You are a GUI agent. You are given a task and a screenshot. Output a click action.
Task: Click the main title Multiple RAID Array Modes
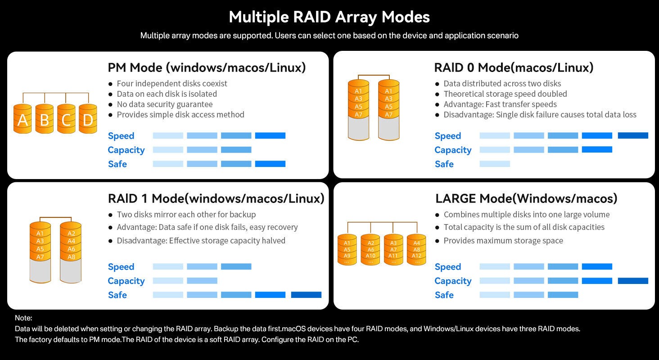pyautogui.click(x=329, y=17)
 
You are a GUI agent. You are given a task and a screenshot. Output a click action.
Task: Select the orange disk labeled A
pyautogui.click(x=23, y=120)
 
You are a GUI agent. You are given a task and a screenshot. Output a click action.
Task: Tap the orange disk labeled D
pyautogui.click(x=88, y=120)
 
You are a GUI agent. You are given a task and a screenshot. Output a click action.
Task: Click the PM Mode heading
pyautogui.click(x=207, y=68)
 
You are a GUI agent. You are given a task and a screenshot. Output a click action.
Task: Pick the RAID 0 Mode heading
pyautogui.click(x=514, y=68)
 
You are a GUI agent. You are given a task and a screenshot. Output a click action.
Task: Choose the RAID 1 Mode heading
pyautogui.click(x=216, y=198)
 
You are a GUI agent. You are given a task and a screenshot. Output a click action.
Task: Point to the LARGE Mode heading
pyautogui.click(x=526, y=198)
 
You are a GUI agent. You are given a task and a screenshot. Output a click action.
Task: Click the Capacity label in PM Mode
pyautogui.click(x=126, y=150)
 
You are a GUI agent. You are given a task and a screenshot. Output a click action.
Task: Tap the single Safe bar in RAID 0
pyautogui.click(x=495, y=164)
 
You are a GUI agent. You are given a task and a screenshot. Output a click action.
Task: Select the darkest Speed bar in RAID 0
pyautogui.click(x=633, y=135)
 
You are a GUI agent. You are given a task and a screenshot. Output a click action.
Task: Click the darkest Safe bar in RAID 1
pyautogui.click(x=306, y=295)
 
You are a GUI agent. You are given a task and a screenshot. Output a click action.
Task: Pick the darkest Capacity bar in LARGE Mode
pyautogui.click(x=633, y=281)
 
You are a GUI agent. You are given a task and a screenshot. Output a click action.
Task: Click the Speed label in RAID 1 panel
pyautogui.click(x=121, y=267)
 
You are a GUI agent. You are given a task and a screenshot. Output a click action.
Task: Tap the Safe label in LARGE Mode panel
pyautogui.click(x=444, y=295)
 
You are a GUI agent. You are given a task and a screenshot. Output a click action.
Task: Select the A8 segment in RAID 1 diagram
pyautogui.click(x=71, y=257)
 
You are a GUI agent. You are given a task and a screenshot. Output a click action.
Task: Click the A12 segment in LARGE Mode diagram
pyautogui.click(x=416, y=256)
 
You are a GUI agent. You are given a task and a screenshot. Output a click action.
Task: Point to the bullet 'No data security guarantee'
pyautogui.click(x=164, y=104)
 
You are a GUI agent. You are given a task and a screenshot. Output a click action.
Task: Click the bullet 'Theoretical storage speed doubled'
pyautogui.click(x=505, y=94)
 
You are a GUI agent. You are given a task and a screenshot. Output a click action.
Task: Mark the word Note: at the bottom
pyautogui.click(x=23, y=318)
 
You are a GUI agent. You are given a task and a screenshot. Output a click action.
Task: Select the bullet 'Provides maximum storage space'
pyautogui.click(x=503, y=240)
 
